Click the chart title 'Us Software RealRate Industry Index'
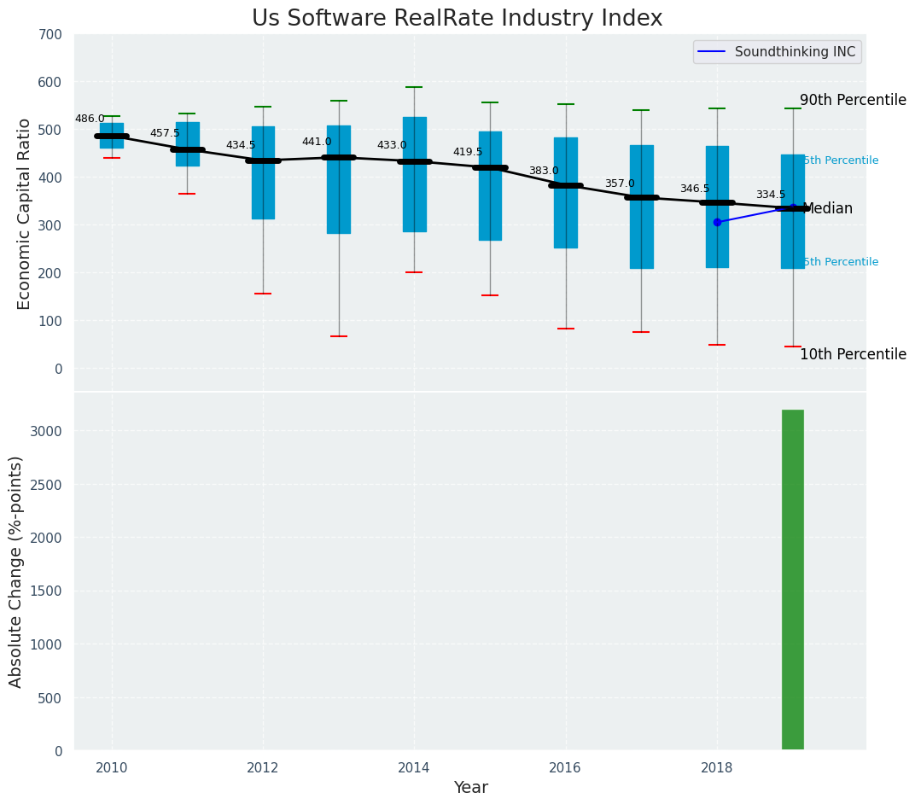pyautogui.click(x=457, y=19)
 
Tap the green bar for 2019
pyautogui.click(x=792, y=580)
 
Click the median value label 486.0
pyautogui.click(x=90, y=119)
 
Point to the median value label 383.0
pyautogui.click(x=544, y=171)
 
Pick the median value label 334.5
pyautogui.click(x=770, y=195)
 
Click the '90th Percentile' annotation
pyautogui.click(x=852, y=100)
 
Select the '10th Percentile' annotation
pyautogui.click(x=852, y=354)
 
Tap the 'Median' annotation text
pyautogui.click(x=827, y=208)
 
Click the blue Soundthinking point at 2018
pyautogui.click(x=717, y=222)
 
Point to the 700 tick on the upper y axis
pyautogui.click(x=50, y=34)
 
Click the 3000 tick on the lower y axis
pyautogui.click(x=46, y=431)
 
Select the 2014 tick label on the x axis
pyautogui.click(x=414, y=767)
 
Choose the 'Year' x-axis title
pyautogui.click(x=470, y=788)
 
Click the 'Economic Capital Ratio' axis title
pyautogui.click(x=24, y=213)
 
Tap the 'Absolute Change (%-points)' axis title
pyautogui.click(x=15, y=571)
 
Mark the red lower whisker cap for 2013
pyautogui.click(x=339, y=336)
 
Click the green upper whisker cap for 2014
pyautogui.click(x=414, y=87)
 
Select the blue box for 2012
pyautogui.click(x=263, y=196)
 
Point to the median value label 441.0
pyautogui.click(x=317, y=142)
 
